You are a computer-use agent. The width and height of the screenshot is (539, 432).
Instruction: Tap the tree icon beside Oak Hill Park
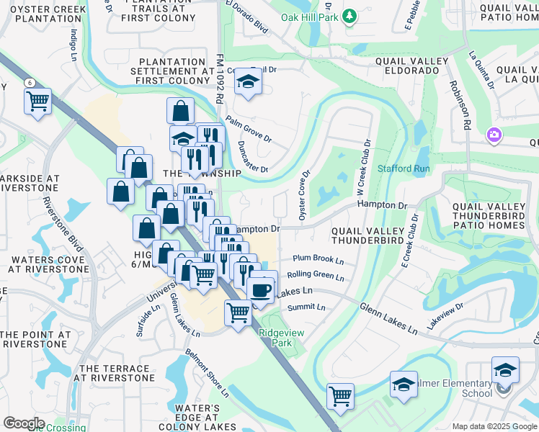pyautogui.click(x=349, y=16)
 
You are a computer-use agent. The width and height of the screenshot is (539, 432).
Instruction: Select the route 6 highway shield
pyautogui.click(x=30, y=82)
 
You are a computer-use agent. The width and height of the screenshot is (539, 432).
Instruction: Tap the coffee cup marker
pyautogui.click(x=259, y=289)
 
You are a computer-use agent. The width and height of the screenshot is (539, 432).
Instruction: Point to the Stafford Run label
pyautogui.click(x=404, y=168)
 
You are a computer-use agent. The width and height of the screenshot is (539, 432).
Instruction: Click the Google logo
pyautogui.click(x=24, y=423)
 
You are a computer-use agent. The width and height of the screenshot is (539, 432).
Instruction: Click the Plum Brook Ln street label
pyautogui.click(x=318, y=258)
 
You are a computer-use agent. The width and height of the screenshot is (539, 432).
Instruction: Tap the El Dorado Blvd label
pyautogui.click(x=246, y=17)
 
